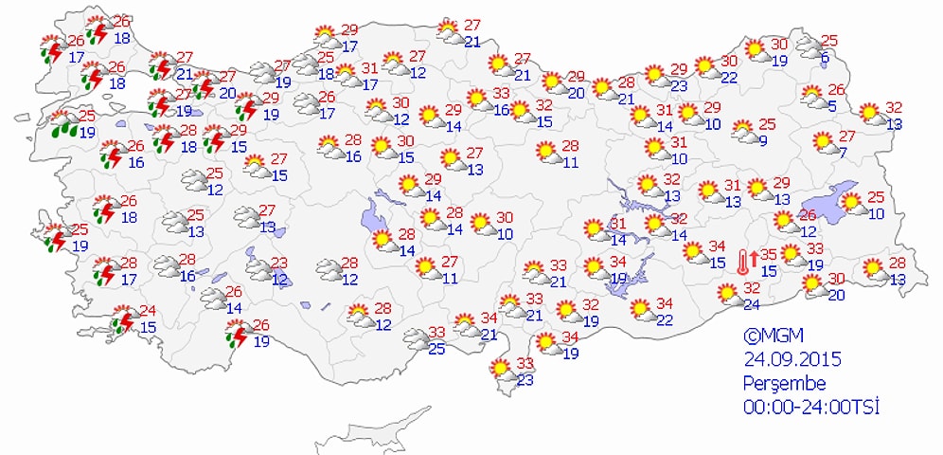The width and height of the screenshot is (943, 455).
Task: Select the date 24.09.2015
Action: (x=792, y=359)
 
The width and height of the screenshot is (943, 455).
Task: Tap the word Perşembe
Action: (x=785, y=383)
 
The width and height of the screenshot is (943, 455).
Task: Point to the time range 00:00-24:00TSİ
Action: (x=811, y=407)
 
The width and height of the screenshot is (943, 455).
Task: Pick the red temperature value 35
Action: (x=769, y=254)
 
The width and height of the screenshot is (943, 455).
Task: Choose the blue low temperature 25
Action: (x=436, y=349)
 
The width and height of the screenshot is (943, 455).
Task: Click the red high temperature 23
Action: (x=279, y=263)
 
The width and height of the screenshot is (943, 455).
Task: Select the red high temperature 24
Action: (x=148, y=311)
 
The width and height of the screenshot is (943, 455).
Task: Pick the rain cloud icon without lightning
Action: (x=64, y=123)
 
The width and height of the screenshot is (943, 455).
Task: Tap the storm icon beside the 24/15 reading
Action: (x=123, y=320)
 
